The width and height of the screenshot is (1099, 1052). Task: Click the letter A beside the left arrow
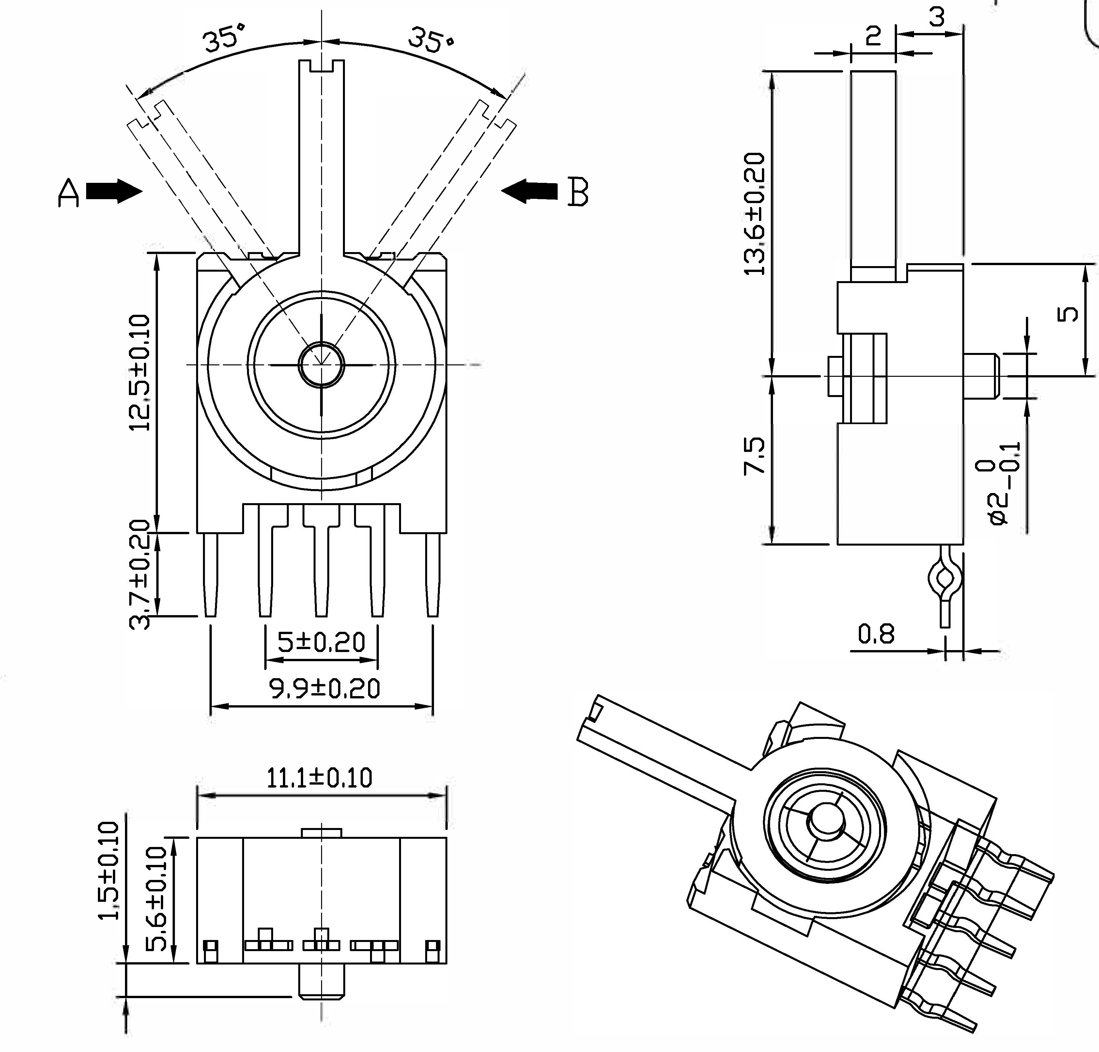(x=69, y=194)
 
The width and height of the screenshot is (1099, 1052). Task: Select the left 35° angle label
(x=224, y=39)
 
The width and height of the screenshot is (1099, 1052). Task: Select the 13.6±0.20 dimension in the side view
(x=754, y=214)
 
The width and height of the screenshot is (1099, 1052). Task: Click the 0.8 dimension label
(x=876, y=634)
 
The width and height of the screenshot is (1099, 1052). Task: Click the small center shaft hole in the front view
(x=321, y=364)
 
